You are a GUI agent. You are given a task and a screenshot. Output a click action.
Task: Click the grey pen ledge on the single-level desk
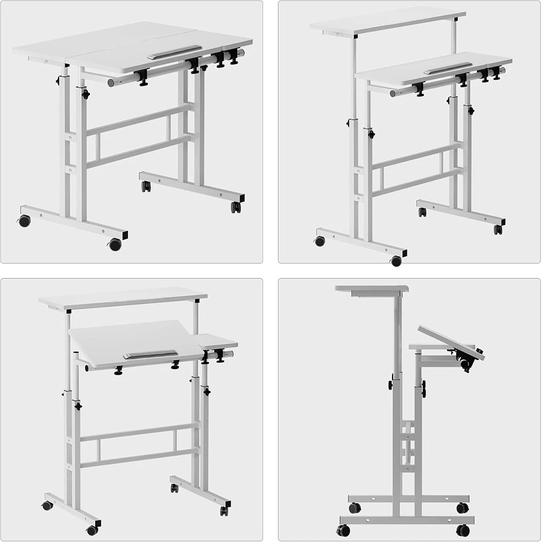(174, 53)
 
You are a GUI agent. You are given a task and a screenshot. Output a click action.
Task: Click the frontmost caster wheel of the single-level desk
(115, 245)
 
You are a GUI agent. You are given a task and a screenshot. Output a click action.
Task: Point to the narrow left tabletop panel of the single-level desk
(43, 50)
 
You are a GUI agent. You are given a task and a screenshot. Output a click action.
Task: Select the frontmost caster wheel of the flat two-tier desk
(396, 261)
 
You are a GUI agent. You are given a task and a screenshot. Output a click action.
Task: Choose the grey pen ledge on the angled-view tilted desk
(150, 355)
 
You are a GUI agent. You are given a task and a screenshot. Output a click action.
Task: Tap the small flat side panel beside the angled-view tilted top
(217, 342)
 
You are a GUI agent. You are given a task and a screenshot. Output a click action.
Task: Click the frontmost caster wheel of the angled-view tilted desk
(93, 530)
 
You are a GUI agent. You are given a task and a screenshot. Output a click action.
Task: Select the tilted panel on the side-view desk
(451, 342)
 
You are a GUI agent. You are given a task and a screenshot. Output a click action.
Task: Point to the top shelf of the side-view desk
(371, 289)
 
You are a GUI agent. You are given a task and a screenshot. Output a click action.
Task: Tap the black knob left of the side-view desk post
(390, 385)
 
